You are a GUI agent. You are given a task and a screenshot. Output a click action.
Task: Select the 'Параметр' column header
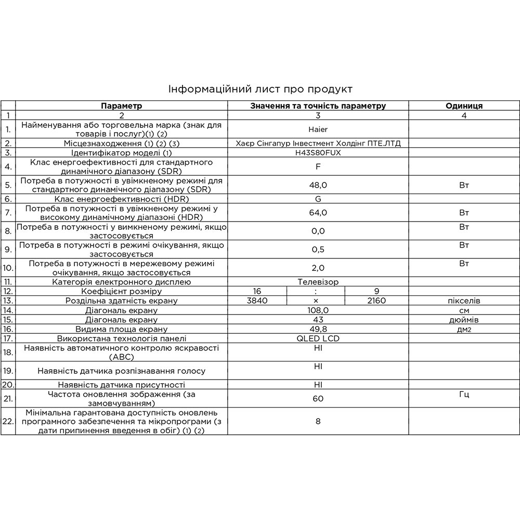tap(121, 106)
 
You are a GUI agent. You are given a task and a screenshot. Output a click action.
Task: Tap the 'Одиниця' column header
tap(464, 106)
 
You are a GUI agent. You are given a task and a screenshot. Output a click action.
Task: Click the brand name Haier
tap(318, 129)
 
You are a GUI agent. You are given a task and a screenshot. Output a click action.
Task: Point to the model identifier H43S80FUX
tap(318, 153)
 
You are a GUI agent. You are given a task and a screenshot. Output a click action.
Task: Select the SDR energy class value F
tap(318, 167)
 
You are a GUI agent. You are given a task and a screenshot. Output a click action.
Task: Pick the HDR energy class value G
tap(318, 199)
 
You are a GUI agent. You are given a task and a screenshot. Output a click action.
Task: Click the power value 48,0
tap(318, 185)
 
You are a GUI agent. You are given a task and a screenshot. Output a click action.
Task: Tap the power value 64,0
tap(318, 212)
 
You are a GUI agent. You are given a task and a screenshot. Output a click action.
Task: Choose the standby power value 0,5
tap(318, 250)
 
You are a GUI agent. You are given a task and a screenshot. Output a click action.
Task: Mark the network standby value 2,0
tap(318, 268)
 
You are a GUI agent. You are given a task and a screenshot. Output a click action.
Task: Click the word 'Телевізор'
tap(318, 282)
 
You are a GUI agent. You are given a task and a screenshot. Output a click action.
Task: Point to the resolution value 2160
tap(376, 301)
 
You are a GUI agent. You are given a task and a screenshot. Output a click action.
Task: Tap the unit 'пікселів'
tap(464, 301)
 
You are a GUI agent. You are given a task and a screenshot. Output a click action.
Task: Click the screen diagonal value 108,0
tap(318, 310)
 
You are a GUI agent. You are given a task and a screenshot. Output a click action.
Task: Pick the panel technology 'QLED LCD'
tap(318, 338)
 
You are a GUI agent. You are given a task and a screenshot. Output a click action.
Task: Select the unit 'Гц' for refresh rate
tap(464, 394)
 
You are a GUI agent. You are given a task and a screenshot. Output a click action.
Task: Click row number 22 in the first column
tap(8, 421)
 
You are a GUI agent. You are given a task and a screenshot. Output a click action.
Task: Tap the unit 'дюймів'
tap(464, 319)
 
